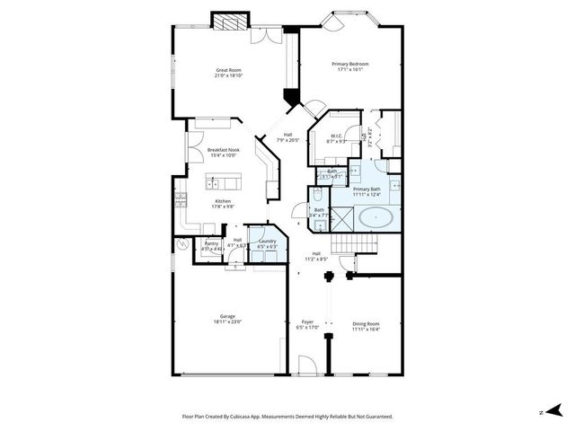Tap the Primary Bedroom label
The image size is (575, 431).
pyautogui.click(x=350, y=64)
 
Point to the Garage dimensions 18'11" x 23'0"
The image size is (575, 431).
pyautogui.click(x=228, y=321)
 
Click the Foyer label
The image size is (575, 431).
pyautogui.click(x=307, y=321)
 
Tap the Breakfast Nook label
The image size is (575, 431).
pyautogui.click(x=223, y=150)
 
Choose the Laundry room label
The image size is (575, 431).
pyautogui.click(x=267, y=241)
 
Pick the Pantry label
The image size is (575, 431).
pyautogui.click(x=211, y=243)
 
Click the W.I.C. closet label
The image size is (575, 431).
pyautogui.click(x=334, y=136)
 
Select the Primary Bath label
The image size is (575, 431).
pyautogui.click(x=367, y=189)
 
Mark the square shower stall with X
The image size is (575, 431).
pyautogui.click(x=342, y=216)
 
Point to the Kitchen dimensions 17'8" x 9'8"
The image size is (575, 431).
pyautogui.click(x=223, y=206)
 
